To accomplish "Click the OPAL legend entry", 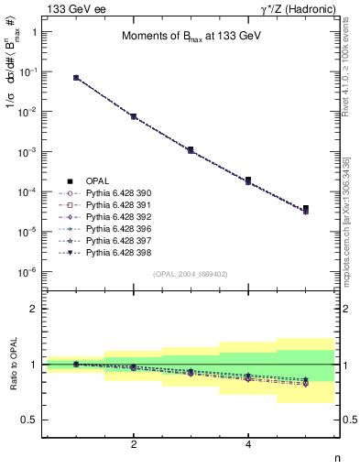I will pyautogui.click(x=97, y=180).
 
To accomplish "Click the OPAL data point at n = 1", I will pyautogui.click(x=76, y=78).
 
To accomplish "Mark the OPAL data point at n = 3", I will pyautogui.click(x=191, y=149).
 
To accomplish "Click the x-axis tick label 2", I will pyautogui.click(x=134, y=444).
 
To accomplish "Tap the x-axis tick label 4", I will pyautogui.click(x=248, y=444).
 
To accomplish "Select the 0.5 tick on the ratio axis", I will pyautogui.click(x=31, y=420).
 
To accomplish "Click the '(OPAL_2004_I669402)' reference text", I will pyautogui.click(x=190, y=274).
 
